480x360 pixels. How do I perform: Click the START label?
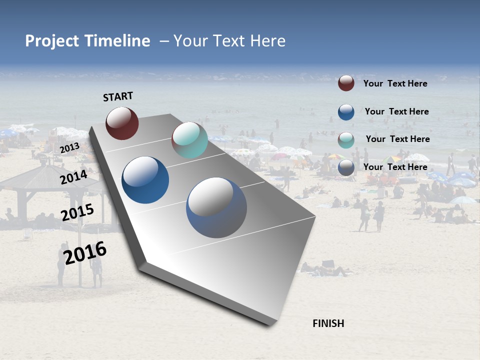coord(118,96)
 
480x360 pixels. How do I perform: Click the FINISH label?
coord(328,323)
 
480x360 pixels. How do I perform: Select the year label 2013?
coord(70,147)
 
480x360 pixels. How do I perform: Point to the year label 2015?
coord(77,212)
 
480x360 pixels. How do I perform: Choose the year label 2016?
coord(85,253)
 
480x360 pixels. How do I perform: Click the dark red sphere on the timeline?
coord(122,123)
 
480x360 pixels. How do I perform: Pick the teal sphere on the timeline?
coord(189,140)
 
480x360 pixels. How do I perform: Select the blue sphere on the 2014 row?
coord(145,180)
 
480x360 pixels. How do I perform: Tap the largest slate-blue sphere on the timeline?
coord(216,207)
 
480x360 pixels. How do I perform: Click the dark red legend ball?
coord(346,83)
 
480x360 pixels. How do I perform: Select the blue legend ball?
coord(346,112)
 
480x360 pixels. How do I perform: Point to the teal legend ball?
coord(346,139)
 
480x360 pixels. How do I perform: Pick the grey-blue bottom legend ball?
coord(346,168)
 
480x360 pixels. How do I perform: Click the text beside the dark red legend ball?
coord(395,83)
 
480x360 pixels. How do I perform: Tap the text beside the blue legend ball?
coord(396,111)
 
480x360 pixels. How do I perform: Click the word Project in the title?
coord(51,41)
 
